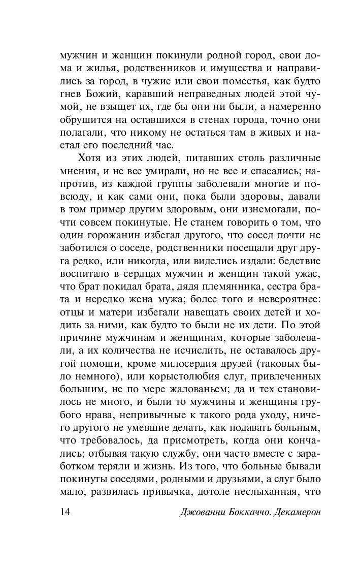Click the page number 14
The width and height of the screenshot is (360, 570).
coord(64,512)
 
